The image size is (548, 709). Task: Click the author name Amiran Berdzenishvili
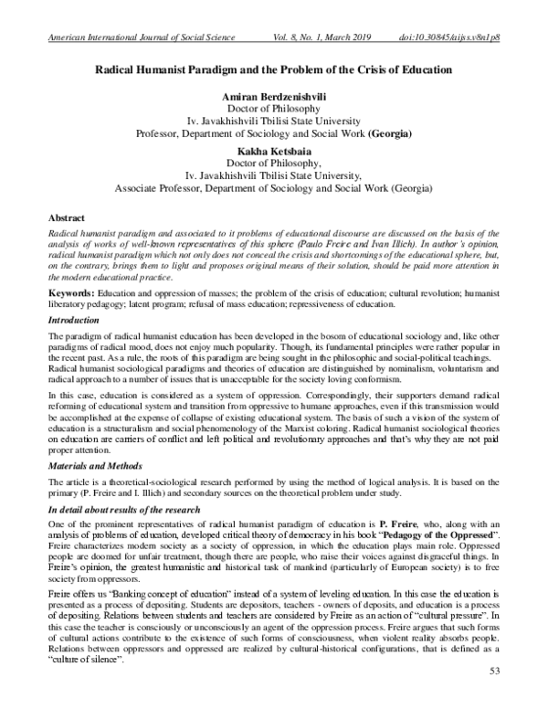(x=273, y=96)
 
